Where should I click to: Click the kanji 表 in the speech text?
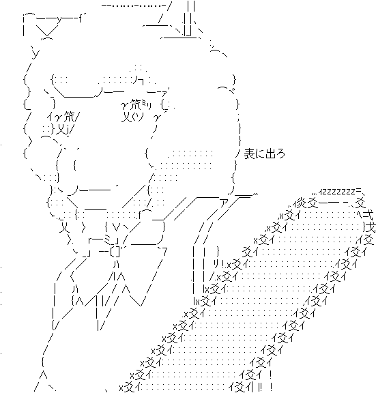click(x=248, y=154)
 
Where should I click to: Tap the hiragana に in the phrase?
click(x=259, y=154)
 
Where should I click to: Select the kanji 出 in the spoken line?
click(x=270, y=154)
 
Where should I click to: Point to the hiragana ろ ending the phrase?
click(x=280, y=154)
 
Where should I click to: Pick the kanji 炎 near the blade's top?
click(x=300, y=203)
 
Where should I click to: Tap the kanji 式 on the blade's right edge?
click(x=368, y=215)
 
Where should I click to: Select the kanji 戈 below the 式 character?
click(x=371, y=228)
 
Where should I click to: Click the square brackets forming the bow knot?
click(x=115, y=252)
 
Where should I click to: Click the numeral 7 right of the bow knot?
click(x=164, y=252)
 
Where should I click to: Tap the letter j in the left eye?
click(x=68, y=130)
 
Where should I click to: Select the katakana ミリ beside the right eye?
click(x=147, y=106)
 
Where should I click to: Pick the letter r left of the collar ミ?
click(x=91, y=241)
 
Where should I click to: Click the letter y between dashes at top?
click(x=59, y=19)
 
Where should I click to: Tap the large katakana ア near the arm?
click(x=222, y=203)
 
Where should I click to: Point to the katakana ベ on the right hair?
click(x=232, y=91)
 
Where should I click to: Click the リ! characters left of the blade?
click(x=218, y=263)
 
